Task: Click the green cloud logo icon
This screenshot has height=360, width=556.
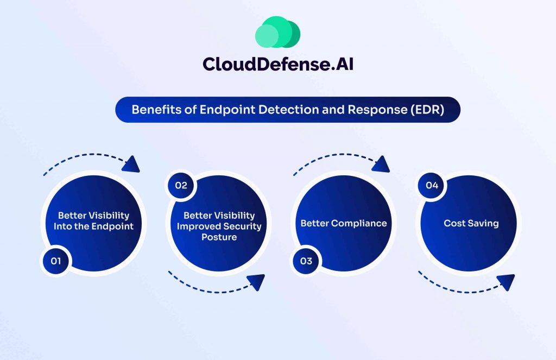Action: pyautogui.click(x=277, y=32)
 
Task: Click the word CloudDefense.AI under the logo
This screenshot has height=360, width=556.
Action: pyautogui.click(x=278, y=64)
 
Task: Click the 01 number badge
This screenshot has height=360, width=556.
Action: pyautogui.click(x=56, y=261)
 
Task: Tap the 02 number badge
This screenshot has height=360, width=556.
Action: pyautogui.click(x=181, y=186)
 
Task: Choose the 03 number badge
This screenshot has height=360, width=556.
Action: pyautogui.click(x=306, y=261)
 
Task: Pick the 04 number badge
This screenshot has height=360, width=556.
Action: pyautogui.click(x=432, y=186)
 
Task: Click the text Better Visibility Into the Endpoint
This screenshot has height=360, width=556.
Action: pyautogui.click(x=93, y=221)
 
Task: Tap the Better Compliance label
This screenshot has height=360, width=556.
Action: pyautogui.click(x=344, y=223)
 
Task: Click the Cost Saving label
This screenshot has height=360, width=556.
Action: pyautogui.click(x=471, y=223)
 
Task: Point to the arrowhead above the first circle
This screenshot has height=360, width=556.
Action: pyautogui.click(x=131, y=165)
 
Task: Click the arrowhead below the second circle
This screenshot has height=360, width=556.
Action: pyautogui.click(x=255, y=282)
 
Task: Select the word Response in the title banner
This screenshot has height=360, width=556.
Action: pyautogui.click(x=370, y=110)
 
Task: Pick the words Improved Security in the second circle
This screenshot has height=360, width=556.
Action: pyautogui.click(x=219, y=226)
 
